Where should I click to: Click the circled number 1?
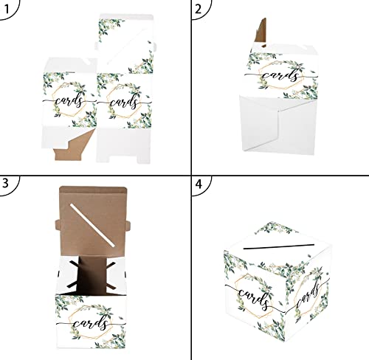pos(10,10)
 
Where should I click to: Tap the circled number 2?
pos(198,10)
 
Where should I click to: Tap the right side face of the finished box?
pos(303,295)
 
